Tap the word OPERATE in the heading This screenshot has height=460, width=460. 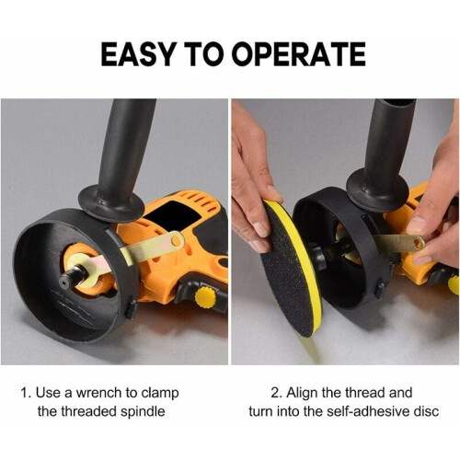click(x=300, y=54)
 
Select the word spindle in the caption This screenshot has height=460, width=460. click(x=143, y=412)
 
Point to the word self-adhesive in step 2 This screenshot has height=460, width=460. click(x=369, y=411)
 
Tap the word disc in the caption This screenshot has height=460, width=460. click(x=427, y=411)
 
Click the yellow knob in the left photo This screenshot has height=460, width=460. click(x=205, y=297)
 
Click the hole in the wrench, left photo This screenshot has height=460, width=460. click(x=176, y=240)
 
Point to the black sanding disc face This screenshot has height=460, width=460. click(x=288, y=270)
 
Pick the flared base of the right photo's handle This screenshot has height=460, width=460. click(x=377, y=190)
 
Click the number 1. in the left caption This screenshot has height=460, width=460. click(x=26, y=393)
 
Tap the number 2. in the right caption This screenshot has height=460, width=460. click(x=276, y=393)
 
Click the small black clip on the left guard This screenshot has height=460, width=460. click(x=131, y=308)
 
